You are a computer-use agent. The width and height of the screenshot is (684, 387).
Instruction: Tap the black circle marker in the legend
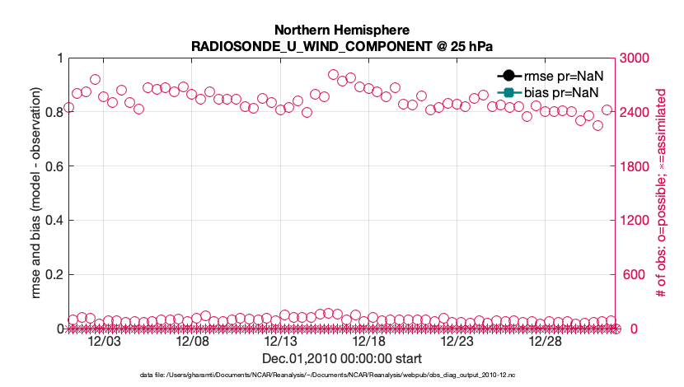tap(508, 76)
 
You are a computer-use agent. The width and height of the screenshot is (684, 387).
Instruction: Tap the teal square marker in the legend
tap(508, 91)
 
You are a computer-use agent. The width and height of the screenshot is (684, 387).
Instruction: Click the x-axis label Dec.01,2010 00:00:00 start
tap(342, 359)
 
